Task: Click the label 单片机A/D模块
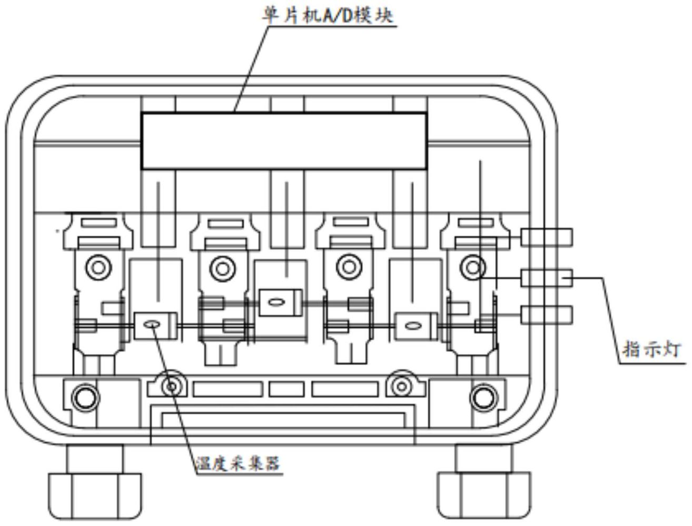point(328,15)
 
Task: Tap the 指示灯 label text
point(651,350)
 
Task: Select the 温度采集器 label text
point(238,463)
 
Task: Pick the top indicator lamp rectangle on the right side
point(546,237)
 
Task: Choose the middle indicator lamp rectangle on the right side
point(546,278)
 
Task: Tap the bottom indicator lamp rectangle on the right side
point(546,315)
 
